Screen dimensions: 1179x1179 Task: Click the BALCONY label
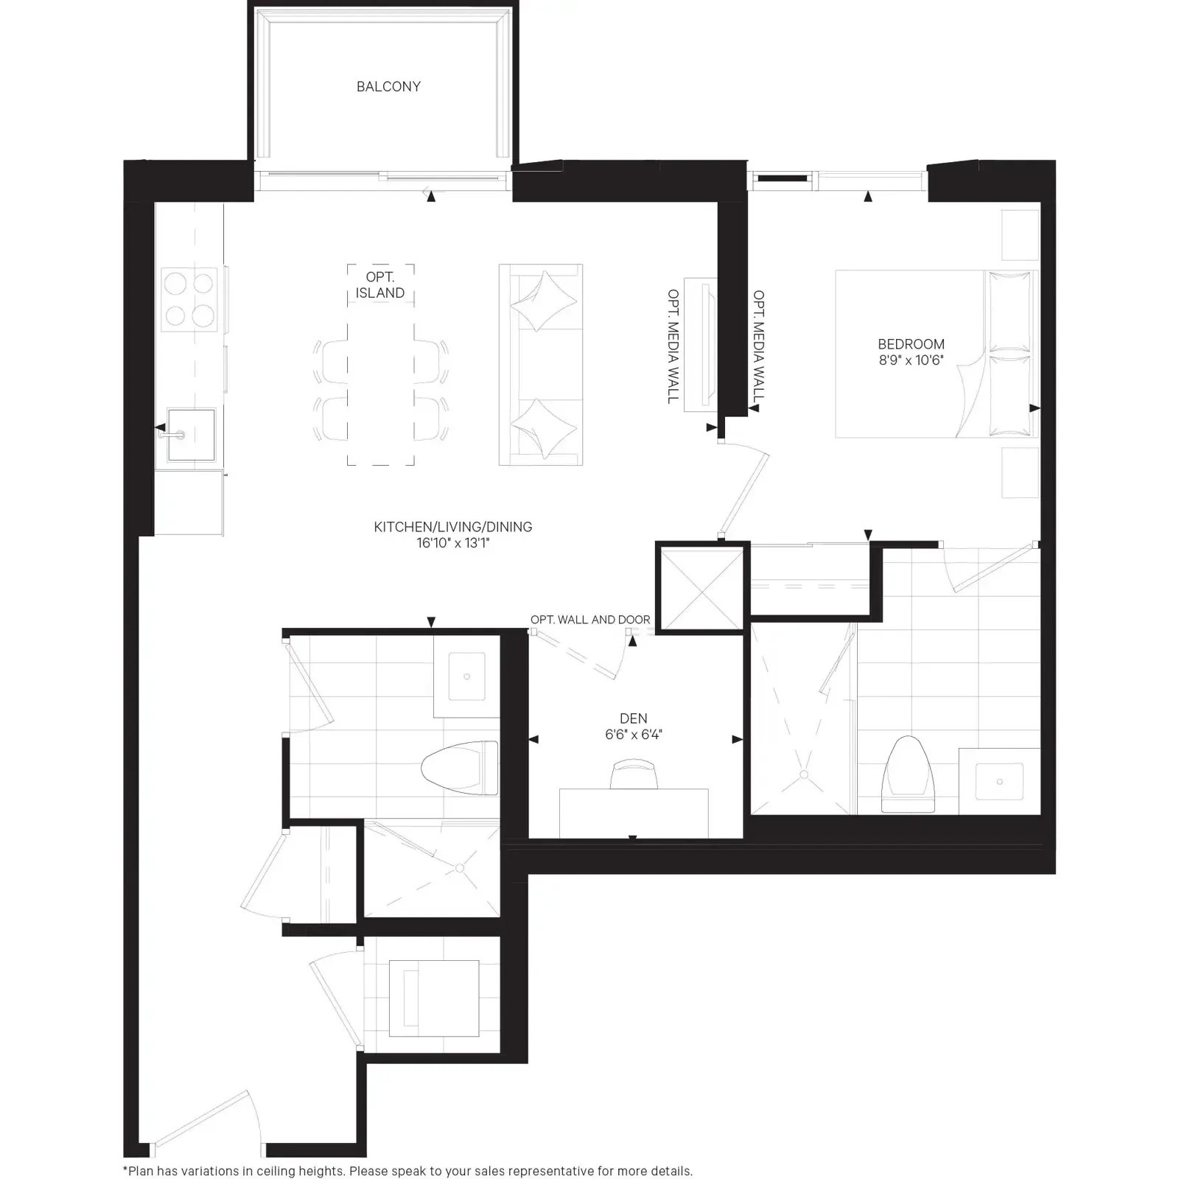pyautogui.click(x=388, y=86)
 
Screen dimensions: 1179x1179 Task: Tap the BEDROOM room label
pyautogui.click(x=911, y=344)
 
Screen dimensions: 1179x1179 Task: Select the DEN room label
pyautogui.click(x=634, y=718)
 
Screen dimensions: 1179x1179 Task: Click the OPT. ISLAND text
pyautogui.click(x=380, y=285)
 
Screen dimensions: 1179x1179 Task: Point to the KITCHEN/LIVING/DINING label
pyautogui.click(x=452, y=527)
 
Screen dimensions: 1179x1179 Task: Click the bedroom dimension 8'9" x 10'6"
pyautogui.click(x=911, y=360)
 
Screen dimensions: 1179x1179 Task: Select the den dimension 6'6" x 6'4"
pyautogui.click(x=634, y=735)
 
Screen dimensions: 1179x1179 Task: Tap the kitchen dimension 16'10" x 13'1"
pyautogui.click(x=452, y=543)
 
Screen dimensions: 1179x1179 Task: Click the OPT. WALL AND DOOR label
pyautogui.click(x=590, y=620)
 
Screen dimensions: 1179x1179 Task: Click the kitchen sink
pyautogui.click(x=191, y=435)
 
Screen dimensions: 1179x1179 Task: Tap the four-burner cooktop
pyautogui.click(x=189, y=299)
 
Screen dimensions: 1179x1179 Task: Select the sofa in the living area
pyautogui.click(x=541, y=365)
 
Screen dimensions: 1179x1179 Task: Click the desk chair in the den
pyautogui.click(x=634, y=775)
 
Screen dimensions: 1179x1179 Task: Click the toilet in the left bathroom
pyautogui.click(x=459, y=768)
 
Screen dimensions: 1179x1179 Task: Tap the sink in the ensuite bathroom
pyautogui.click(x=999, y=782)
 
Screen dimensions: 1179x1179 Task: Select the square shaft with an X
pyautogui.click(x=702, y=588)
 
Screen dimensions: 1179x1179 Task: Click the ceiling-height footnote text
pyautogui.click(x=407, y=1171)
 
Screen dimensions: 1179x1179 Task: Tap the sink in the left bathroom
pyautogui.click(x=467, y=676)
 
